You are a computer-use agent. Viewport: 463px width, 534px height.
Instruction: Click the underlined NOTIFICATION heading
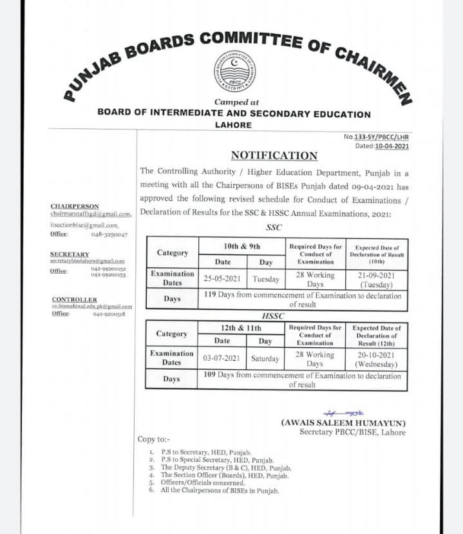[274, 156]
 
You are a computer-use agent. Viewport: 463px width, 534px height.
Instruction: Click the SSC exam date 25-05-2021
[222, 280]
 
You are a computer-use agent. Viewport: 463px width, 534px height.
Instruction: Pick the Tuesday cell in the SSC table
[266, 280]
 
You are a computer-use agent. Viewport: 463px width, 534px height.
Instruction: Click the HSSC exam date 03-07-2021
[222, 359]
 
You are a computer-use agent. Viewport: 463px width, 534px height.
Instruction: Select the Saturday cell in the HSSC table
[265, 359]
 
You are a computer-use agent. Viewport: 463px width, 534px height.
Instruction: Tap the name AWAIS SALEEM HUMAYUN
[343, 423]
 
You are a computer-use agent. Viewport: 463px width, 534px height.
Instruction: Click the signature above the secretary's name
[343, 412]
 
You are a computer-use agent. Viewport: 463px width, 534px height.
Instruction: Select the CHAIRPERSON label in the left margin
[75, 206]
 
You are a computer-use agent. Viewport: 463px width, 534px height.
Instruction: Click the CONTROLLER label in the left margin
[74, 300]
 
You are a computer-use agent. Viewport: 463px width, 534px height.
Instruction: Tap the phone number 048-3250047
[109, 235]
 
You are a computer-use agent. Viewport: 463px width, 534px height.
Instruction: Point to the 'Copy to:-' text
[154, 439]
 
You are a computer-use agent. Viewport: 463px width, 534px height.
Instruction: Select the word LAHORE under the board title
[233, 125]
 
